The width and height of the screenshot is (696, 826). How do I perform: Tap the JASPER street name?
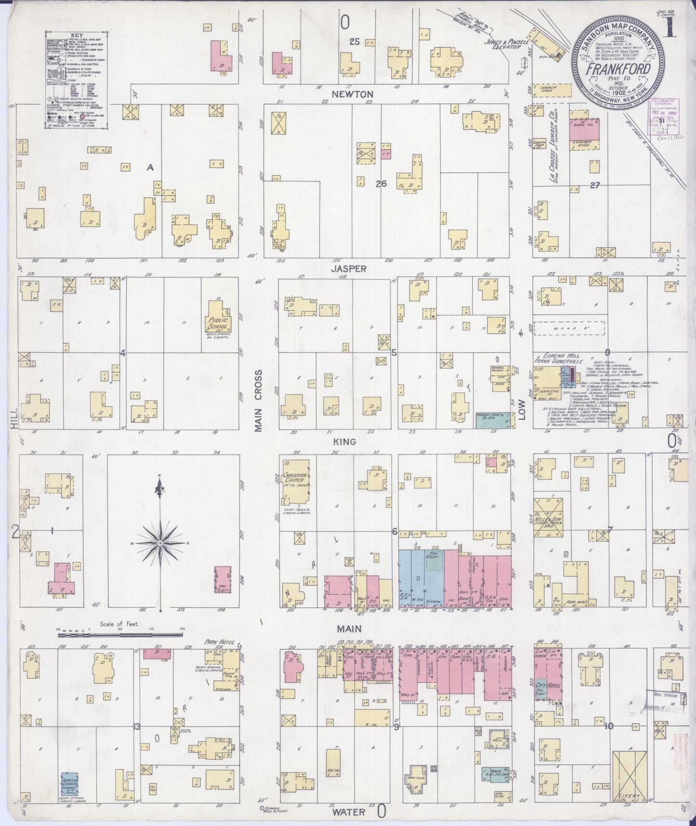pyautogui.click(x=348, y=269)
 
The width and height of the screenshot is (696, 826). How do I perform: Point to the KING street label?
pyautogui.click(x=347, y=441)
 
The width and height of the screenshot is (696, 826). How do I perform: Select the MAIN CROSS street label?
pyautogui.click(x=259, y=401)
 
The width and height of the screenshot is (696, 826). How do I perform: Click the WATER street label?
pyautogui.click(x=349, y=812)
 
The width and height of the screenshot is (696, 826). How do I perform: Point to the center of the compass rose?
pyautogui.click(x=159, y=543)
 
